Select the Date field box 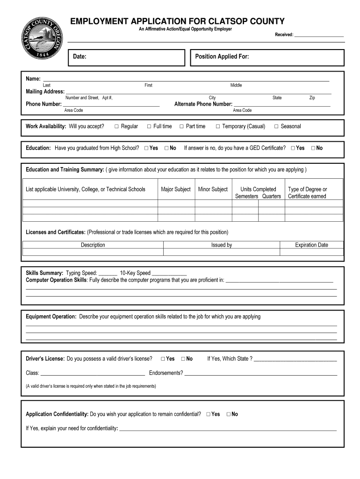tap(127, 58)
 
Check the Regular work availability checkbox tap(116, 126)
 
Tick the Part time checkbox tap(181, 126)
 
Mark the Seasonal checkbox tap(276, 126)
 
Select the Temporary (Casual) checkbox tap(218, 126)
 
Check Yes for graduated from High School tap(146, 148)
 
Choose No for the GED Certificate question tap(313, 148)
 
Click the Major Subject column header tap(176, 189)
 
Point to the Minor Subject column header tap(213, 189)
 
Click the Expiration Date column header tap(311, 245)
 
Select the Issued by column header tap(221, 245)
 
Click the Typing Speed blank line tap(108, 274)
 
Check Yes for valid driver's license tap(163, 359)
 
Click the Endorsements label tap(166, 373)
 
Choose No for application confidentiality tap(229, 414)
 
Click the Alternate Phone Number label tap(203, 104)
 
